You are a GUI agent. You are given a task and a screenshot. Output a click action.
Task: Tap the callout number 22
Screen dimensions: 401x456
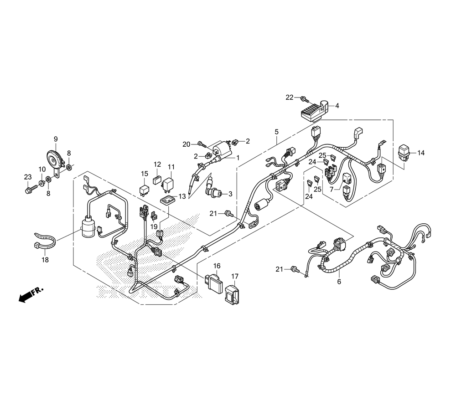(x=290, y=97)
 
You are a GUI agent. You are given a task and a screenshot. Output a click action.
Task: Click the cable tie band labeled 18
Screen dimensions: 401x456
(x=46, y=241)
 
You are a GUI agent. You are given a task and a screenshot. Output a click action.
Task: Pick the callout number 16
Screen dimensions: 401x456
(x=217, y=266)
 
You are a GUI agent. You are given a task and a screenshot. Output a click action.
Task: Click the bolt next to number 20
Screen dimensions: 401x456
(x=201, y=144)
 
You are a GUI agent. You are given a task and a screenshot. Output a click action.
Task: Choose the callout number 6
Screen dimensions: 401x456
(x=339, y=282)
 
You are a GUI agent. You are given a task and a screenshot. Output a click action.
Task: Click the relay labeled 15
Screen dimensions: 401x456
(x=145, y=189)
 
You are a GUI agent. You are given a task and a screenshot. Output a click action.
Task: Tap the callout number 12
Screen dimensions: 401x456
(x=157, y=165)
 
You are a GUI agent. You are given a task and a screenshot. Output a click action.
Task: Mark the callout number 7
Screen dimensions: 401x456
(x=332, y=189)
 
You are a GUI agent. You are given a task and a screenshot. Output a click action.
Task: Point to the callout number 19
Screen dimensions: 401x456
(x=154, y=226)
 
